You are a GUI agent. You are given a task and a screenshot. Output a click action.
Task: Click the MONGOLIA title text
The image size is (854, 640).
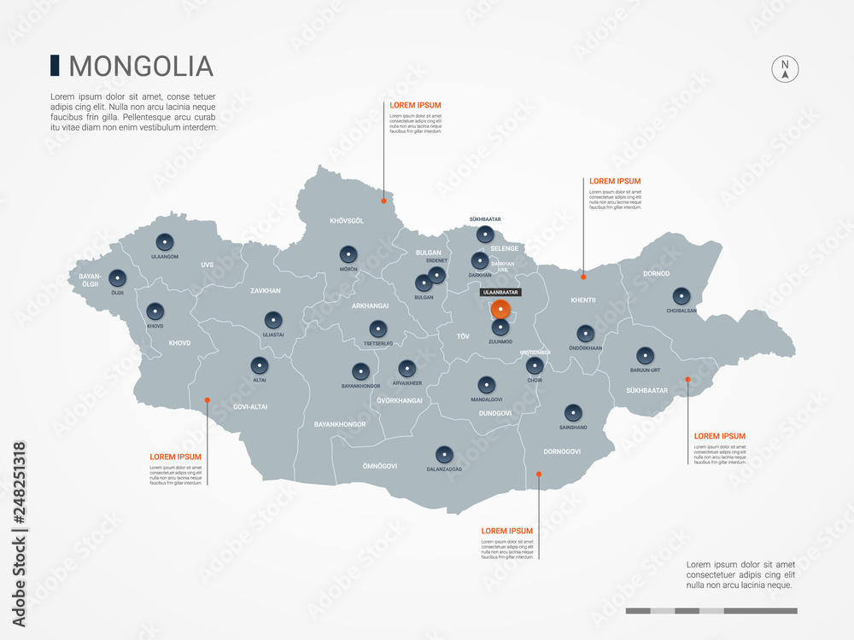(x=140, y=66)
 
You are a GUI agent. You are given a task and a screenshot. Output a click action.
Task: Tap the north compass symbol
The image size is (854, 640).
(x=785, y=69)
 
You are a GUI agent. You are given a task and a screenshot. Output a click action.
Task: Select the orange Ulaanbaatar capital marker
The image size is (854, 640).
(x=501, y=309)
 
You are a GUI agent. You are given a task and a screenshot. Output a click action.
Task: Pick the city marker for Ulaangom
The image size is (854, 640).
(x=165, y=241)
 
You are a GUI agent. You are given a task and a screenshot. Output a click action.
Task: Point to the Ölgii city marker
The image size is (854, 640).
(x=117, y=277)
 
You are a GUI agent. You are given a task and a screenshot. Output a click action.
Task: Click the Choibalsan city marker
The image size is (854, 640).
(x=681, y=296)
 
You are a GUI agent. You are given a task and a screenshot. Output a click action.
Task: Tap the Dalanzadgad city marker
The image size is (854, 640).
(x=444, y=454)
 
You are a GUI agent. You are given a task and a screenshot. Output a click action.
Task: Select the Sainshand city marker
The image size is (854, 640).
(x=572, y=411)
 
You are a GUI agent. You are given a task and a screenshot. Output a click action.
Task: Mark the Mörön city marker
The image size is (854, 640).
(x=348, y=254)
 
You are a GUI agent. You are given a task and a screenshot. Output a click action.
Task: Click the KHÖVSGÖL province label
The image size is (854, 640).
(x=347, y=221)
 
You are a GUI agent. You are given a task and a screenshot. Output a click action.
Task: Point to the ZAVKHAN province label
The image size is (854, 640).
(x=266, y=291)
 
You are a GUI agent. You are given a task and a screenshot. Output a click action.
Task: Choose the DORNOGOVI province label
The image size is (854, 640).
(x=562, y=451)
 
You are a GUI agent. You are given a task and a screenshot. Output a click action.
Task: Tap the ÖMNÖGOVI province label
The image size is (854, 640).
(x=380, y=466)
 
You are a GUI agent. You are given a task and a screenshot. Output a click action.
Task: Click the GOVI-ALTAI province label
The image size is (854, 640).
(x=249, y=407)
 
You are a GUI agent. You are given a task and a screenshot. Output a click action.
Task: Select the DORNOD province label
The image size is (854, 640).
(x=656, y=274)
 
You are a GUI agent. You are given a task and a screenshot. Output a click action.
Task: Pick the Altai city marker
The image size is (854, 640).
(x=259, y=364)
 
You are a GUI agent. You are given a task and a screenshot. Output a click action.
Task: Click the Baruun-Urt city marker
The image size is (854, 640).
(x=645, y=355)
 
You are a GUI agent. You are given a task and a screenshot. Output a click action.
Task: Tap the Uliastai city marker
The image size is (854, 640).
(x=272, y=320)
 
